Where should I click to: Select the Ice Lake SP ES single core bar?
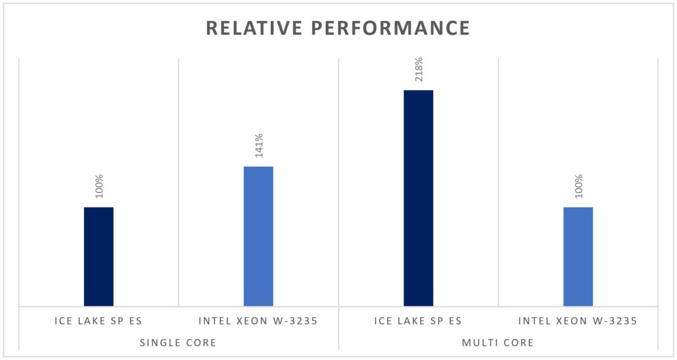[x=99, y=256]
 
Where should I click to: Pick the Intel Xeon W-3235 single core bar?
[x=258, y=236]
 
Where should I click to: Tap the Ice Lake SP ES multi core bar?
[x=418, y=198]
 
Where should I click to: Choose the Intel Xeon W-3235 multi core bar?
[x=578, y=256]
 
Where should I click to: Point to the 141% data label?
[x=258, y=146]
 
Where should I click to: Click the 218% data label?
[x=418, y=70]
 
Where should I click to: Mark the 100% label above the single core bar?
[x=99, y=187]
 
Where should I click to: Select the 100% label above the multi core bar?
[x=578, y=187]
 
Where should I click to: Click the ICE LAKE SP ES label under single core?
[x=99, y=321]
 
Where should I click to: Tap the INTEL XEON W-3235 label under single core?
[x=258, y=321]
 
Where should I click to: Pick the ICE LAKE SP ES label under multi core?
[x=418, y=321]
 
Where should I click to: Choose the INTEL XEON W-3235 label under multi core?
[x=578, y=321]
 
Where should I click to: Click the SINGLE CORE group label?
[x=179, y=343]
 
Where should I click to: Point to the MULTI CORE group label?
[x=498, y=343]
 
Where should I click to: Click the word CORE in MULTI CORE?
[x=518, y=343]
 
